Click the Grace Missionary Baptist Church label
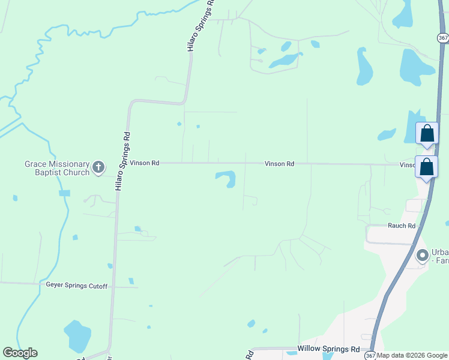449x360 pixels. (56, 168)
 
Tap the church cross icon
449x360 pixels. (98, 167)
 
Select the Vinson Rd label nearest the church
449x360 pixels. (145, 163)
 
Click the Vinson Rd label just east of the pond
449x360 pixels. (280, 163)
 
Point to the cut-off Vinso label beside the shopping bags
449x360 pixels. (408, 164)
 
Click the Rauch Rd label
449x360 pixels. (402, 226)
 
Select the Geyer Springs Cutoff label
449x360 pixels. (77, 286)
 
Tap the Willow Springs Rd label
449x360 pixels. (328, 349)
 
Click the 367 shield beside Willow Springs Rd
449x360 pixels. (371, 355)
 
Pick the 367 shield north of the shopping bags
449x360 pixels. (442, 37)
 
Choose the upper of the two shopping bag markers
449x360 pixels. (427, 133)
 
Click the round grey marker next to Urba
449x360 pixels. (423, 256)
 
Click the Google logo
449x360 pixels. (20, 353)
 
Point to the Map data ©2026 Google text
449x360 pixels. (412, 355)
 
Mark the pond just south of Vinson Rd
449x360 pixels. (226, 178)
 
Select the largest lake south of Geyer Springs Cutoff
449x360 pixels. (77, 335)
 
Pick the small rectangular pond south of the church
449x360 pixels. (64, 193)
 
